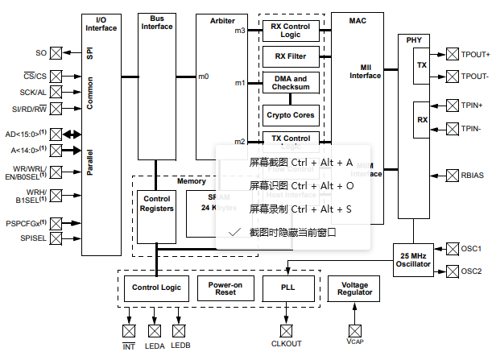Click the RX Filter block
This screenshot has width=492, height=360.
[291, 56]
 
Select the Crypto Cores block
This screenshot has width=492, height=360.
[291, 114]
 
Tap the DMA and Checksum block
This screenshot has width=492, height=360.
[291, 83]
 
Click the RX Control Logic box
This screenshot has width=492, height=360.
[291, 31]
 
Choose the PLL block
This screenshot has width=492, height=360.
[288, 287]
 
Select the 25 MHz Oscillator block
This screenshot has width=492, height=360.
[414, 259]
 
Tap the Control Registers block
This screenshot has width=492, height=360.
[156, 203]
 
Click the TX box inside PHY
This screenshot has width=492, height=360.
[421, 64]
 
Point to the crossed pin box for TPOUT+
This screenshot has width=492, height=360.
[450, 55]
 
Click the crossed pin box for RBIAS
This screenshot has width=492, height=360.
[450, 174]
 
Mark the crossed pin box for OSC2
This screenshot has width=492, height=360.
[450, 271]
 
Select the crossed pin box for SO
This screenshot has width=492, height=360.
[56, 53]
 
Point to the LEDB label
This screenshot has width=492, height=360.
[180, 347]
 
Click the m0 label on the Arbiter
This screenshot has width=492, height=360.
[204, 77]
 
